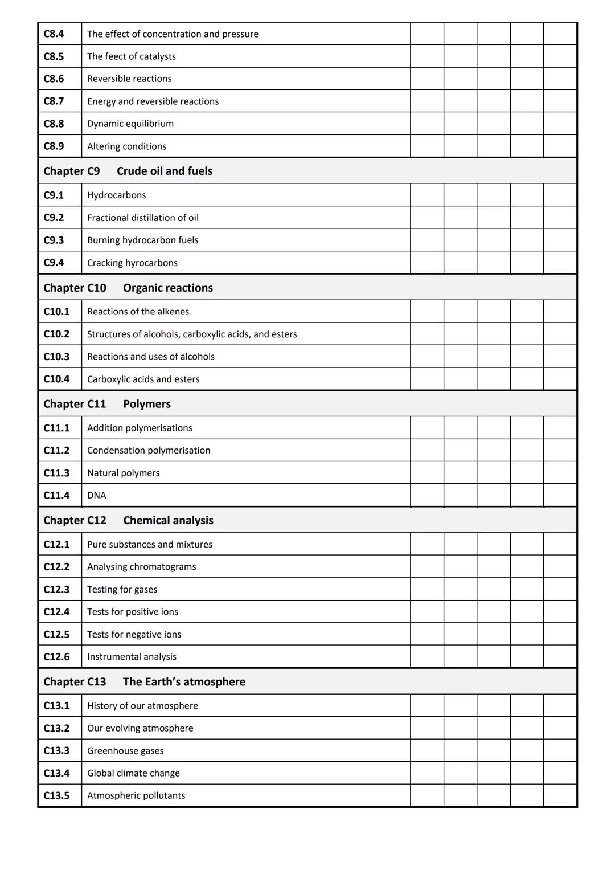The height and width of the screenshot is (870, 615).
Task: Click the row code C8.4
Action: tap(54, 34)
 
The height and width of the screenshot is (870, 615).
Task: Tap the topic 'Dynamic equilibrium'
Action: tap(130, 124)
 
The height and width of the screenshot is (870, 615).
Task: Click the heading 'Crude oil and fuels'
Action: tap(164, 171)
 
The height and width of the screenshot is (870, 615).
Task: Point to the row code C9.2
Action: tap(54, 218)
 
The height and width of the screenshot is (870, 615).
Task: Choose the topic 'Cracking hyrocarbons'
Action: tap(132, 263)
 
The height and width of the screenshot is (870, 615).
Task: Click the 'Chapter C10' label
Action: tap(75, 288)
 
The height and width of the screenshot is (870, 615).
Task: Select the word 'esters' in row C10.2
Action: tap(284, 334)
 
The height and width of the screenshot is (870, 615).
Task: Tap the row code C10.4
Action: tap(56, 379)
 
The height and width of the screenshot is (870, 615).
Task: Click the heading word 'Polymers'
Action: tap(146, 404)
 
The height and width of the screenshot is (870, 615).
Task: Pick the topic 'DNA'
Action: tap(96, 495)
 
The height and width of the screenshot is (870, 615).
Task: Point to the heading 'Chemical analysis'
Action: tap(168, 520)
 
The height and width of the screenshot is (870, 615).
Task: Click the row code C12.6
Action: tap(56, 656)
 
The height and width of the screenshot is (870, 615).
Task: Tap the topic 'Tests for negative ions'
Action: tap(134, 634)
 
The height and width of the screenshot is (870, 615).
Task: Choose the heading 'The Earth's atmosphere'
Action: tap(184, 681)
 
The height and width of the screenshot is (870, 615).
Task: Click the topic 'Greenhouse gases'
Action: tap(125, 750)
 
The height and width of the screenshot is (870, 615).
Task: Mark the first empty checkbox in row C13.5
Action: tap(427, 795)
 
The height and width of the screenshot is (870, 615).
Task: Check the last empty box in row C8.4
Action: tap(560, 34)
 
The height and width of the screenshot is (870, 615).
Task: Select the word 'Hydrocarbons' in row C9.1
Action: tap(116, 195)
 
